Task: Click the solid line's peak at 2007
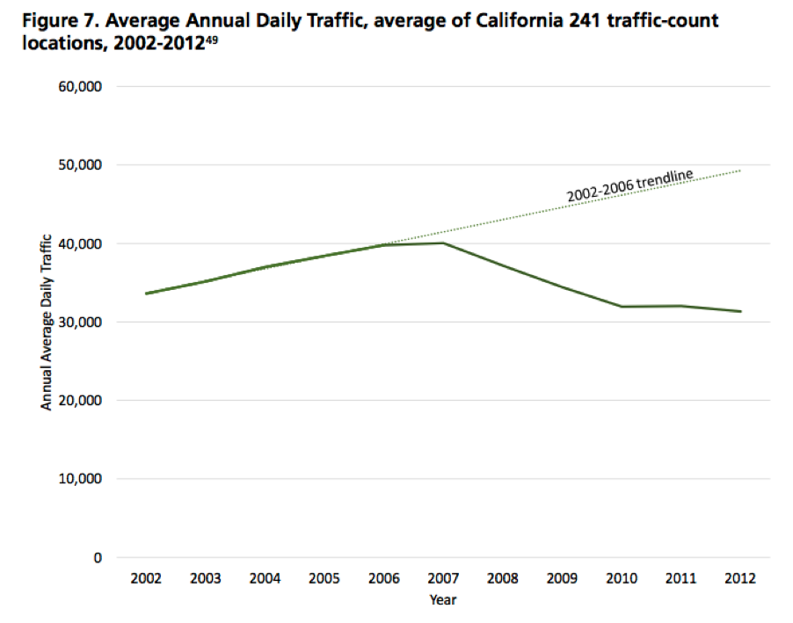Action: (443, 243)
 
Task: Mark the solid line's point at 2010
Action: (622, 307)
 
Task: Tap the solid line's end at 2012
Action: (740, 311)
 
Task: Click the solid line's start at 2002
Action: (146, 293)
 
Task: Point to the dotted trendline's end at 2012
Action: (740, 170)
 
